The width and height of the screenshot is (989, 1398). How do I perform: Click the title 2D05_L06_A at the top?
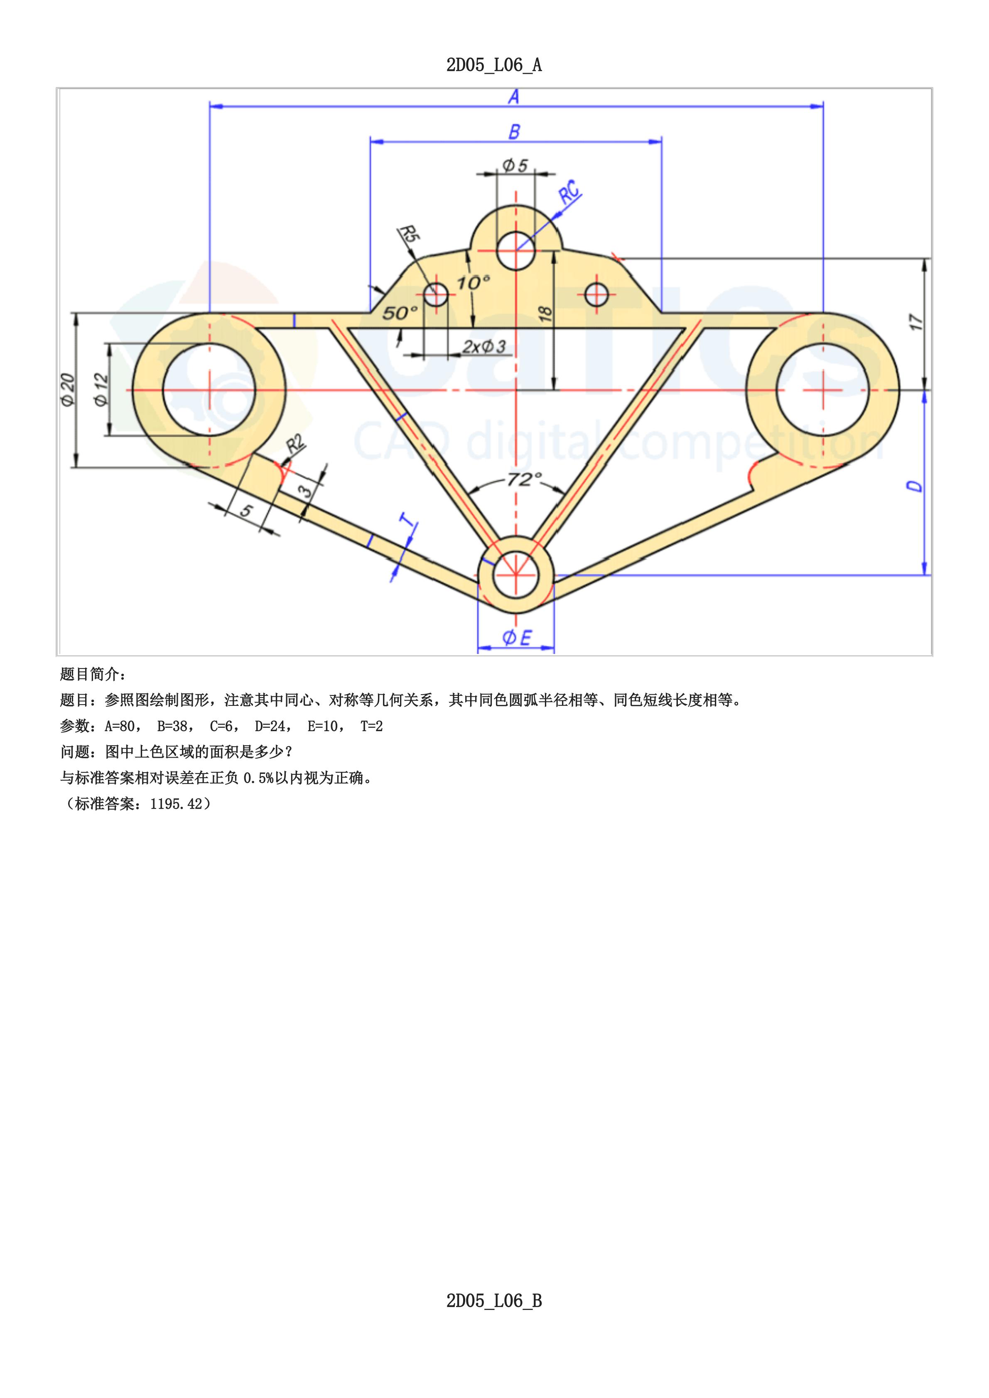(494, 65)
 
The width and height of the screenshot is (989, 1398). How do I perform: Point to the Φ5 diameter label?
(515, 165)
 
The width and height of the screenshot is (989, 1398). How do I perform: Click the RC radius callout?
(570, 192)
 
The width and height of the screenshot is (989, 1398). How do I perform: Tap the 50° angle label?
(400, 313)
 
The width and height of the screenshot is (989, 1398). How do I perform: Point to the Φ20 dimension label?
(68, 390)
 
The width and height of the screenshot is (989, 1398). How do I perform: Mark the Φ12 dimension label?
(101, 390)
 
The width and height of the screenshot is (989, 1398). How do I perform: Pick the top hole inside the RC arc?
(516, 250)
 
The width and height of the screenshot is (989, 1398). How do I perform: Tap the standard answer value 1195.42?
(176, 804)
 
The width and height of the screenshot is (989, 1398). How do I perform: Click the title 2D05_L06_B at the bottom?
(494, 1301)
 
